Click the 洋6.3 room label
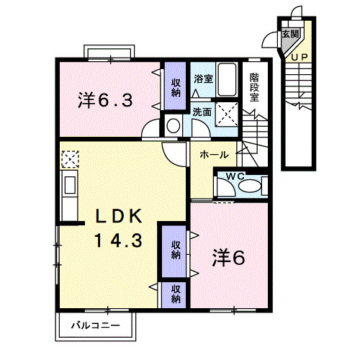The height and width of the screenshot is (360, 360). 105,102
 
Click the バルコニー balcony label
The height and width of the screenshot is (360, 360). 94,326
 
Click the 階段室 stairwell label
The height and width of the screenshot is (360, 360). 254,87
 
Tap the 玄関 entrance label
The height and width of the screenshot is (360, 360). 289,35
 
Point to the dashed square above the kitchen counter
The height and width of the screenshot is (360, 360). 71,158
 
